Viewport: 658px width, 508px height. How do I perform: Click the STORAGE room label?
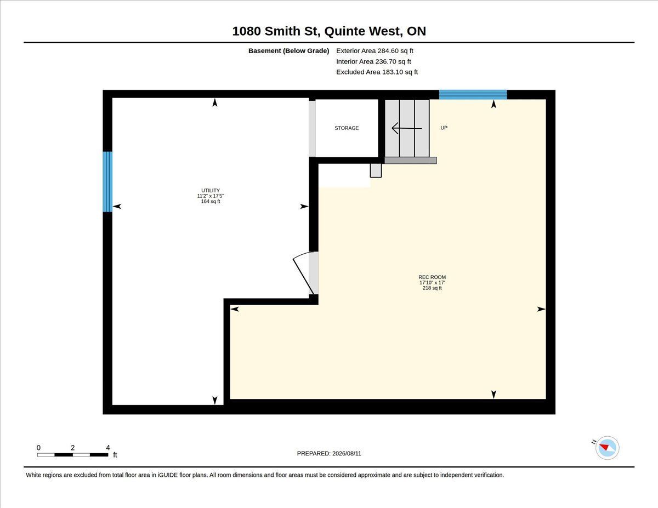[x=347, y=128]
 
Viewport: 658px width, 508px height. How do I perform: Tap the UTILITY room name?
[x=211, y=190]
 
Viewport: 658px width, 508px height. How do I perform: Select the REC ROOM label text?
[x=432, y=277]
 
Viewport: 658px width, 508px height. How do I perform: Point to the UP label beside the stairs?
[x=444, y=128]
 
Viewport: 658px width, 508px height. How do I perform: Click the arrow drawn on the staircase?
[x=407, y=128]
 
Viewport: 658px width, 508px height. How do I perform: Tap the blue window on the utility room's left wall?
[x=107, y=181]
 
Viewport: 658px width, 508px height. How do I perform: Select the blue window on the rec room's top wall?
[x=473, y=94]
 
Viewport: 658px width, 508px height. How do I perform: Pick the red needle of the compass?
[x=604, y=447]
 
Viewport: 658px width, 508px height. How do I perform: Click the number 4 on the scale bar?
[x=108, y=448]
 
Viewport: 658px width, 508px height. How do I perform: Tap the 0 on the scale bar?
[x=38, y=448]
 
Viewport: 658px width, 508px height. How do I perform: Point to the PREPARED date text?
[x=329, y=454]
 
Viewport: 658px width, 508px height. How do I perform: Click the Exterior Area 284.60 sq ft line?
[x=375, y=51]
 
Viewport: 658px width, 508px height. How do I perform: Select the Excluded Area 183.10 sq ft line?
[x=377, y=72]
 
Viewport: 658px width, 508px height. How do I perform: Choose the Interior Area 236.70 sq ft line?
[x=373, y=61]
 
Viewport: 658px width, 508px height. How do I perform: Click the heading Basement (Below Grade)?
[x=288, y=51]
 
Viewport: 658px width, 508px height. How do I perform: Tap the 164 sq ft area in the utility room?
[x=211, y=202]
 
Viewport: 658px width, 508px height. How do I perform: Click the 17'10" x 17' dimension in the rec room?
[x=432, y=283]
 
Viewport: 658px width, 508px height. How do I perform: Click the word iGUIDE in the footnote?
[x=167, y=475]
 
